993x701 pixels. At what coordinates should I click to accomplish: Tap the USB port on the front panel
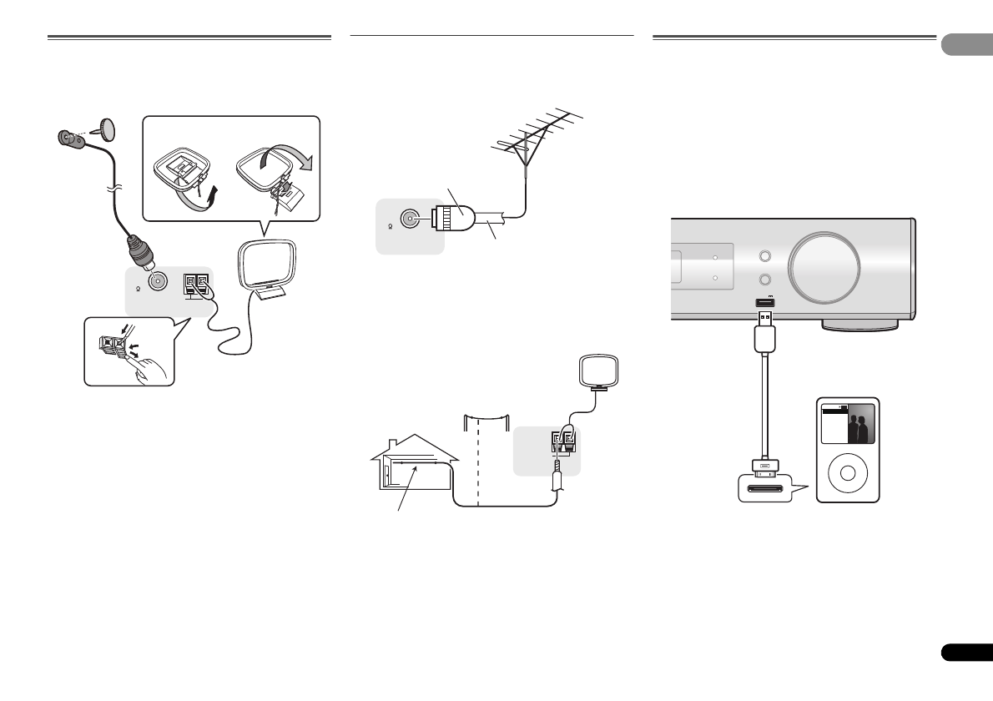pos(764,304)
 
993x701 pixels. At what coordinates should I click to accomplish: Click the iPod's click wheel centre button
pos(849,473)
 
